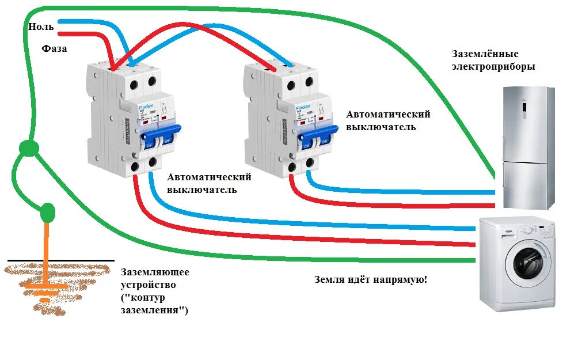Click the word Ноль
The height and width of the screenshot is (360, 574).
pos(41,26)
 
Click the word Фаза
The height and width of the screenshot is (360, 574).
pos(55,48)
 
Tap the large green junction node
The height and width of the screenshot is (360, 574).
pos(29,149)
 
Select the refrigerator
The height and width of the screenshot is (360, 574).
pos(526,147)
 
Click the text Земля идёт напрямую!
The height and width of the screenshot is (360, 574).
pos(371,280)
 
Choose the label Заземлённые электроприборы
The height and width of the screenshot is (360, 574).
pos(493,60)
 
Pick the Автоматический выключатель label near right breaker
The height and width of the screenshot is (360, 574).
pos(388,120)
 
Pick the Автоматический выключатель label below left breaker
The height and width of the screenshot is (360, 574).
pos(209,183)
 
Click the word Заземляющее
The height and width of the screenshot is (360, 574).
pos(154,272)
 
